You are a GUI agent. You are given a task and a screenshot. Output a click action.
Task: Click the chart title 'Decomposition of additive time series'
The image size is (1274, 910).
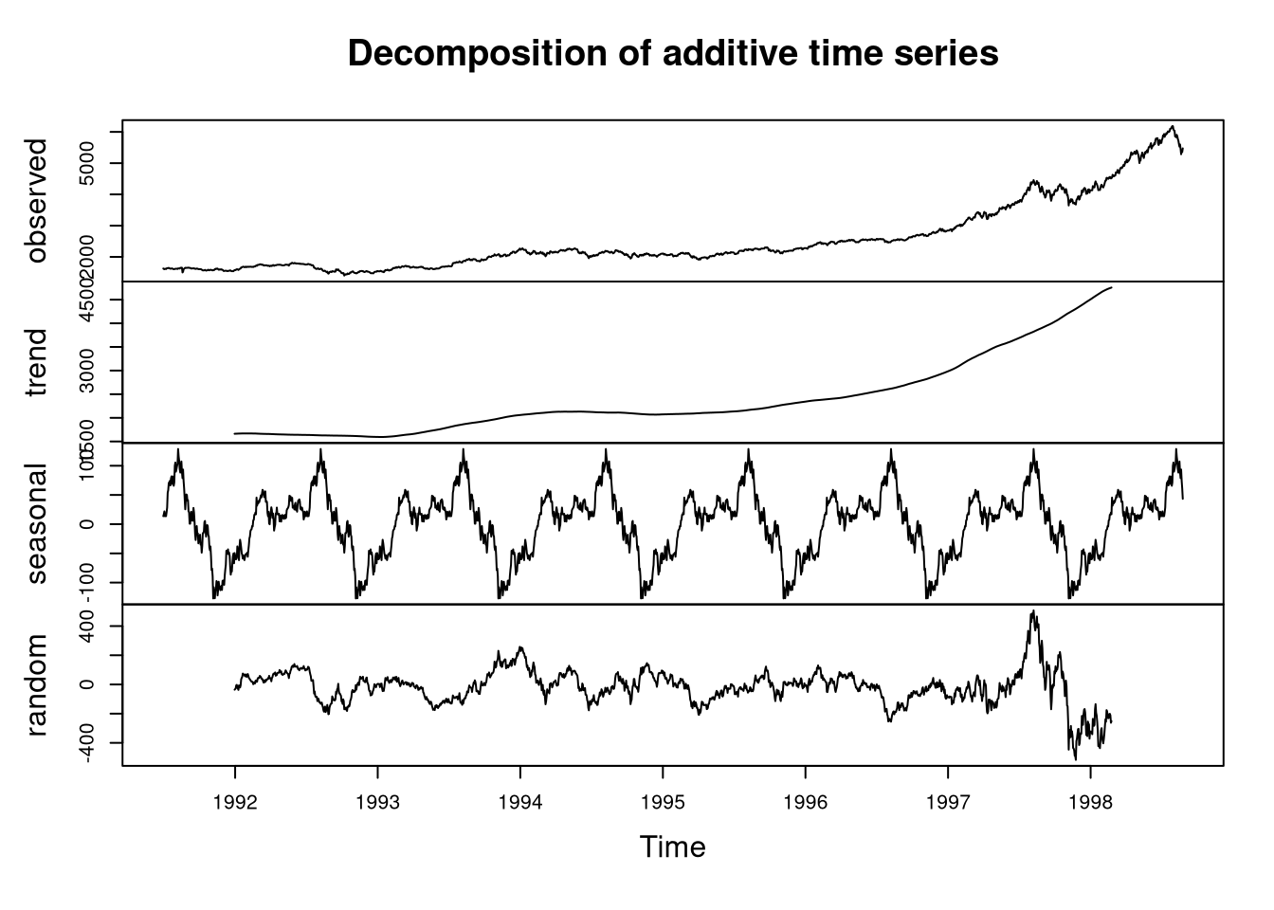673,54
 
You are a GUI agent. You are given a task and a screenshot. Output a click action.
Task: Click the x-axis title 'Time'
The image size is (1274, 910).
672,846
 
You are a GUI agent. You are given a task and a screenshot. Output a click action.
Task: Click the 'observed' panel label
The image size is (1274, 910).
37,201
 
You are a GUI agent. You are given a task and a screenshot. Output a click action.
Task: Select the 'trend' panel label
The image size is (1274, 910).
37,363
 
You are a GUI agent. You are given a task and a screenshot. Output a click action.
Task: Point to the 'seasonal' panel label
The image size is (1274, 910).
37,524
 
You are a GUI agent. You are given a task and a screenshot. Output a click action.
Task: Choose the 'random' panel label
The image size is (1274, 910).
37,685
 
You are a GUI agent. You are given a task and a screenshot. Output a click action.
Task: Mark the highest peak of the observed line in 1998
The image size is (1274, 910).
1173,126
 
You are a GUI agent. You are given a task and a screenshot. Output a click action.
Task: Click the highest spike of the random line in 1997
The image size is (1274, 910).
1033,611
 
